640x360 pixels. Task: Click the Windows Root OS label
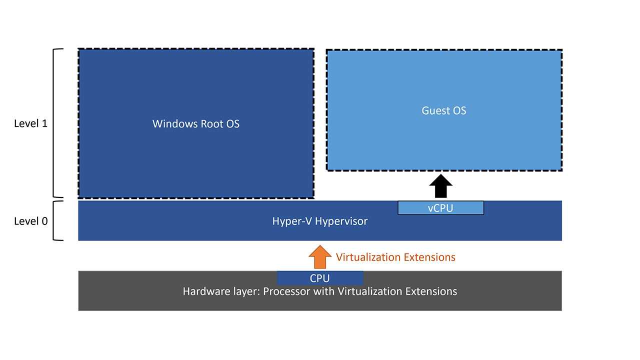[196, 123]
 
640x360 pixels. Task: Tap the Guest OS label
[444, 110]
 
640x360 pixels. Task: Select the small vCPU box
[440, 208]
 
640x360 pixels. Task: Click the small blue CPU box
[320, 278]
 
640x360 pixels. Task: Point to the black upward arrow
[440, 186]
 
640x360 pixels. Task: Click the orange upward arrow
[320, 257]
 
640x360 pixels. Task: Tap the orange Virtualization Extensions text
[395, 257]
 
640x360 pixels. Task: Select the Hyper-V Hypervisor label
[320, 221]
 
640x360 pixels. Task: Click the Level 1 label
[30, 123]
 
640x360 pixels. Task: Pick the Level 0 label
[30, 221]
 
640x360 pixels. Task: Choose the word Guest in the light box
[433, 110]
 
